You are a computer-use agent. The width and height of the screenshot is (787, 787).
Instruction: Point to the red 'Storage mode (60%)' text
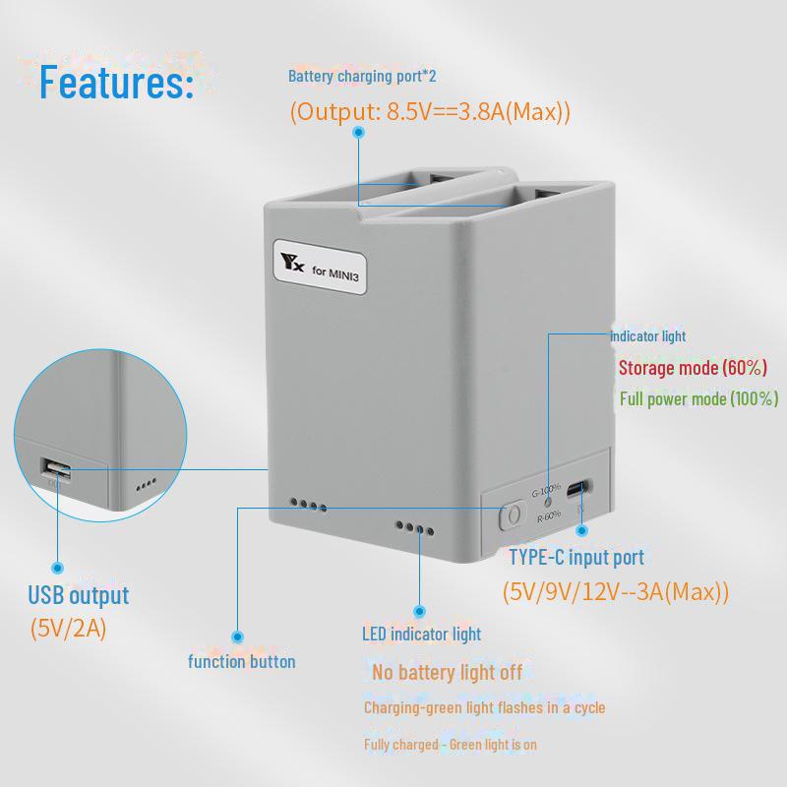coord(693,368)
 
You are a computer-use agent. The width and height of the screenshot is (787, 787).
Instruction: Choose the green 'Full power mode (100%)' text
coord(698,398)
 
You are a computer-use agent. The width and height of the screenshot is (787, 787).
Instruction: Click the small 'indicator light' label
coord(647,336)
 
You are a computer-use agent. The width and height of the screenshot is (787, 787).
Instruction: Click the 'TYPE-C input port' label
coord(576,558)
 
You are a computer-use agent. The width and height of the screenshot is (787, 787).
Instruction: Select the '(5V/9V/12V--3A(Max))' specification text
coord(616,592)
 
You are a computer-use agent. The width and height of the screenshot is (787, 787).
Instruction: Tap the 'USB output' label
coord(79,595)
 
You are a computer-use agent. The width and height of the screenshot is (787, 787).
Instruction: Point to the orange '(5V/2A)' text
coord(68,629)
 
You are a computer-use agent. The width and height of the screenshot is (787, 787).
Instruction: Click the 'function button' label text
coord(241,661)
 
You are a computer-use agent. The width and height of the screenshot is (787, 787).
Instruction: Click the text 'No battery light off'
coord(448,673)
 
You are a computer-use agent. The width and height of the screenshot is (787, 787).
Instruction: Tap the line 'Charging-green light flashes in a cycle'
coord(484,707)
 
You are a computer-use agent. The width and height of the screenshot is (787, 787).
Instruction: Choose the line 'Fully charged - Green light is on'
coord(451,745)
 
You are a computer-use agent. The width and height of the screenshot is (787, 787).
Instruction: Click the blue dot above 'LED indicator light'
coord(420,611)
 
